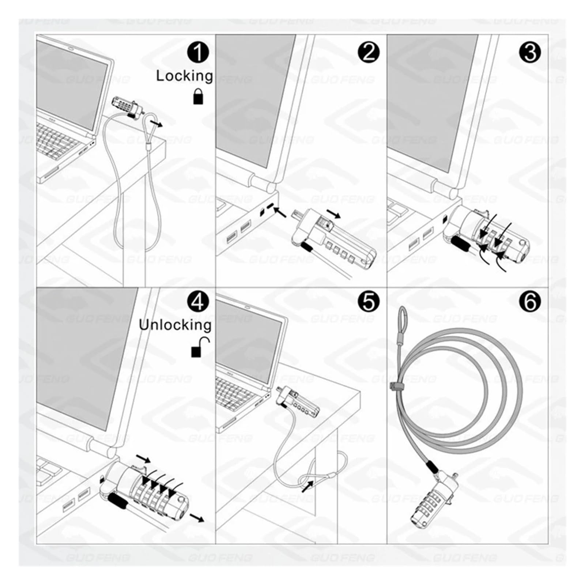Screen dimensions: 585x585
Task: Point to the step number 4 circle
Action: click(198, 302)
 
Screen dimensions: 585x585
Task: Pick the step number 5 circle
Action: click(369, 302)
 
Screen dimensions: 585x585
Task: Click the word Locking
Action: click(184, 76)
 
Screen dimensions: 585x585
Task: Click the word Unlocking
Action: click(175, 325)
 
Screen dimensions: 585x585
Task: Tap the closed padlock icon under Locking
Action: click(198, 96)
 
